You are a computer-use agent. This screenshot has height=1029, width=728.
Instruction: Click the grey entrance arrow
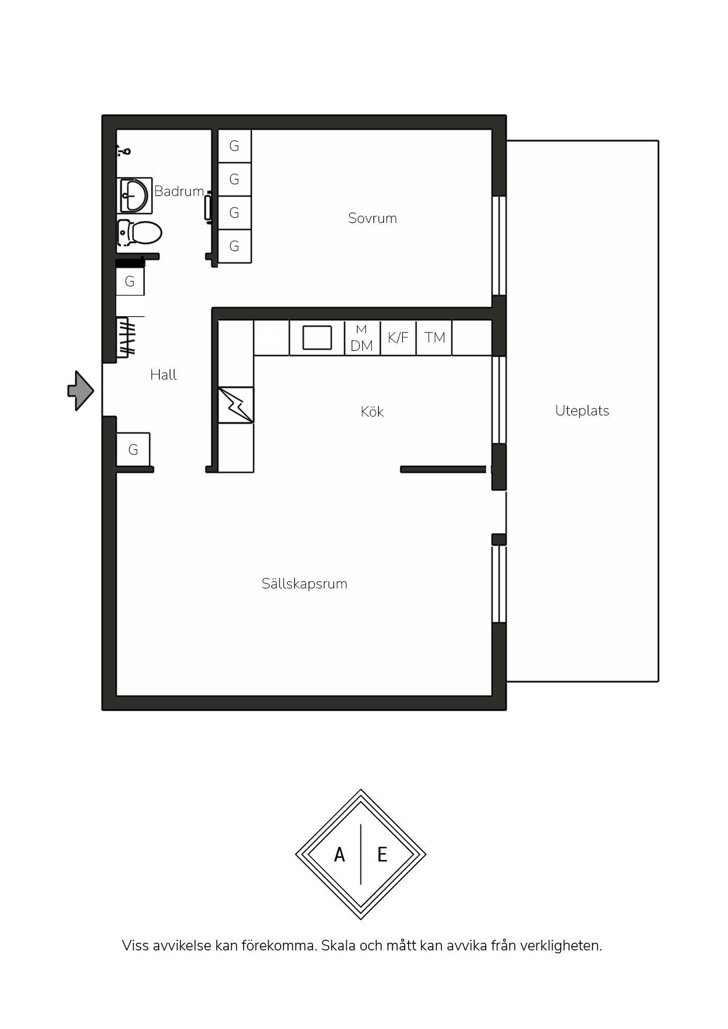pos(81,391)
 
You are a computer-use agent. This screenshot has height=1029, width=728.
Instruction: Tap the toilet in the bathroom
pos(139,233)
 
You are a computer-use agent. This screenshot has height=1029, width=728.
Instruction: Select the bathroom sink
pos(134,195)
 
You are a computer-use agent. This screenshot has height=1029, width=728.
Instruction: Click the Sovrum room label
pos(372,218)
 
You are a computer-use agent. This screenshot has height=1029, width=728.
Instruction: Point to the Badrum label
pos(179,191)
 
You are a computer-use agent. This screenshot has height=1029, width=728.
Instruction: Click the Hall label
pos(163,375)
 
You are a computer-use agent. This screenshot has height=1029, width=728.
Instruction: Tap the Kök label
pos(372,411)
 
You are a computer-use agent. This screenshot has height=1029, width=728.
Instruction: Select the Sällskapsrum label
pos(304,584)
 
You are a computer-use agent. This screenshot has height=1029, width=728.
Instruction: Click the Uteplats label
pos(582,411)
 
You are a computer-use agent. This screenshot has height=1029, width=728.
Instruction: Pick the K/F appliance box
pos(398,338)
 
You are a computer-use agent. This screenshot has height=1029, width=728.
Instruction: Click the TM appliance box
pos(434,338)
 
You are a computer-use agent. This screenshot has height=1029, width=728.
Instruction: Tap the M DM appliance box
pos(362,338)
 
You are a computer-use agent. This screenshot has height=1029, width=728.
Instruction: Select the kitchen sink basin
pos(317,338)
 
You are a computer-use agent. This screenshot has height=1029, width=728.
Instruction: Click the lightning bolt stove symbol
pos(236,405)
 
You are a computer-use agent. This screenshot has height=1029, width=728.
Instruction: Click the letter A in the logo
pos(339,855)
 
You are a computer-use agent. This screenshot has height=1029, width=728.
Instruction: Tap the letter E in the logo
pos(382,854)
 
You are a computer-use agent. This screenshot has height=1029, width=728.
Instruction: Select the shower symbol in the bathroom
pos(124,151)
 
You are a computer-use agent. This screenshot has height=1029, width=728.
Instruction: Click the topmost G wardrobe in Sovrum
pos(235,146)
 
